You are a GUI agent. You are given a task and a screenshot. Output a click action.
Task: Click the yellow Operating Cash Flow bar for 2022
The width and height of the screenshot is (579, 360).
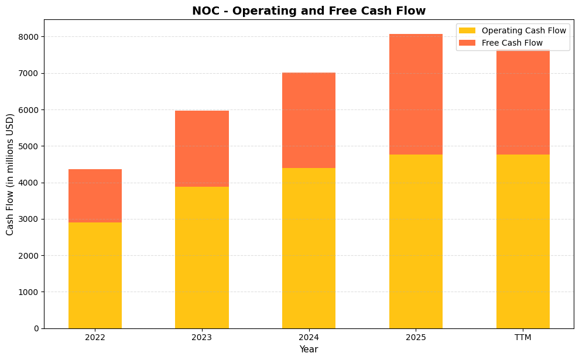tap(95, 275)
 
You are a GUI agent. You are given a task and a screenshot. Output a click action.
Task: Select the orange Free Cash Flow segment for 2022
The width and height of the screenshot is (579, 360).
tap(95, 196)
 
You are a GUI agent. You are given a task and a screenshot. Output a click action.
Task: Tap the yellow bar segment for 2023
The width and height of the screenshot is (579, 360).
tap(202, 258)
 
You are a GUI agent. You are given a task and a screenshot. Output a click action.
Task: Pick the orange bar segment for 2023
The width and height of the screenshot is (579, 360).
tap(202, 149)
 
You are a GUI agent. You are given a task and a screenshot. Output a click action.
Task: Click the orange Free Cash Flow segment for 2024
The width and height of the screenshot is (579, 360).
tap(309, 120)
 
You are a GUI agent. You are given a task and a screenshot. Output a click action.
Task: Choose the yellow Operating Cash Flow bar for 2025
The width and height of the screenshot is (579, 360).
tap(416, 241)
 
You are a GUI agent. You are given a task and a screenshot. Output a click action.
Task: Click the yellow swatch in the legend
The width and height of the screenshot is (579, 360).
tap(467, 30)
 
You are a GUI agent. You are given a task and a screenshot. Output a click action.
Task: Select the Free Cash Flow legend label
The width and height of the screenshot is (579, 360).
tap(512, 43)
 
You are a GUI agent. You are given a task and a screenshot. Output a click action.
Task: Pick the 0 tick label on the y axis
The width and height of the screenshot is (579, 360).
tap(36, 328)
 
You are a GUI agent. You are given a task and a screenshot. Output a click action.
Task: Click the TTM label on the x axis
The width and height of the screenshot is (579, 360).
tap(523, 338)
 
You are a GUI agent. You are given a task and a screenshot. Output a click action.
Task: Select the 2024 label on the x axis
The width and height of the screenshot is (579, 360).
tap(309, 338)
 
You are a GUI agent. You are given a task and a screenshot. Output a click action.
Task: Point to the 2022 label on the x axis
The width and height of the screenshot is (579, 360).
tap(95, 338)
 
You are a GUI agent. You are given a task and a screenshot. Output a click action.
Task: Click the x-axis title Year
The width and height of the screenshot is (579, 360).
tap(309, 349)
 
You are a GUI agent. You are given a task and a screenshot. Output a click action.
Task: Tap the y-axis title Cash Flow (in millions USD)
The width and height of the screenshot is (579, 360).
tap(10, 174)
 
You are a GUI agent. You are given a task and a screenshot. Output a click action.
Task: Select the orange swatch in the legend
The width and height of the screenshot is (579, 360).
tap(467, 43)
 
